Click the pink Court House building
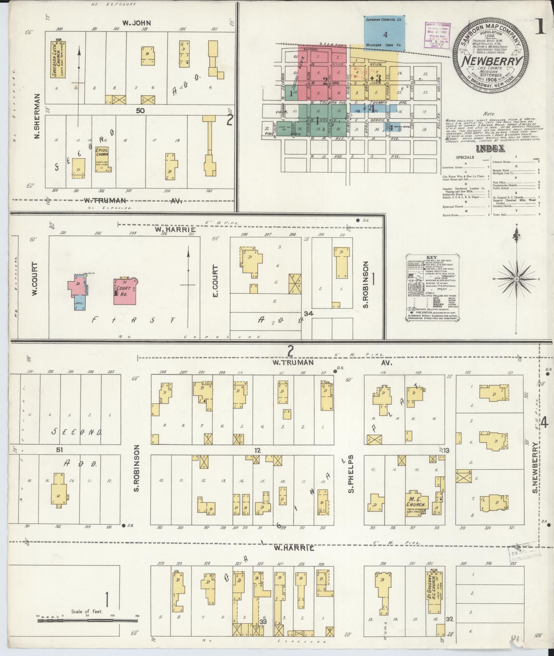point(125,292)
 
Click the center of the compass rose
point(516,279)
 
